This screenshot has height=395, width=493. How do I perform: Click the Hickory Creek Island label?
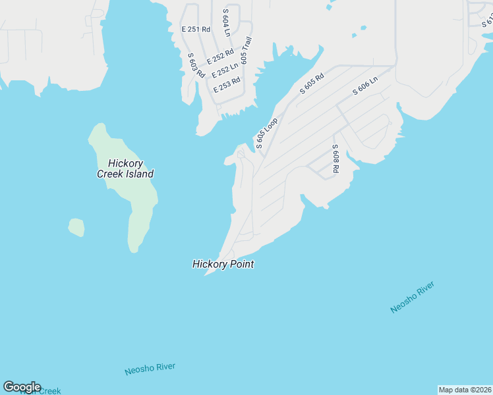click(x=125, y=169)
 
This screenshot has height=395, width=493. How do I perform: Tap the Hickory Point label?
click(x=223, y=264)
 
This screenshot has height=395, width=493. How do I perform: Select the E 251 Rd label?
click(x=196, y=30)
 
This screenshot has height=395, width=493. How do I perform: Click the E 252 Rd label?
click(x=220, y=57)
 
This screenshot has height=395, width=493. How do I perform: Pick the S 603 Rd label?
click(x=196, y=66)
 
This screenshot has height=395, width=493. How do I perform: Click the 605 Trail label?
click(x=246, y=49)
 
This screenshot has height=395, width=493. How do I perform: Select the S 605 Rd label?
click(x=312, y=82)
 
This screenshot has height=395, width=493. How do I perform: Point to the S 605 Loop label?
click(x=267, y=133)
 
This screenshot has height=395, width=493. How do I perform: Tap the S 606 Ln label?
click(x=365, y=86)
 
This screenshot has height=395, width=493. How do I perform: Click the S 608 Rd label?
click(x=335, y=159)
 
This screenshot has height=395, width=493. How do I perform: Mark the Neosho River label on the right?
click(x=412, y=297)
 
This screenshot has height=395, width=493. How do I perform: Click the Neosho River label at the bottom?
click(x=150, y=368)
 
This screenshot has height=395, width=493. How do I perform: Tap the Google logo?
click(x=22, y=387)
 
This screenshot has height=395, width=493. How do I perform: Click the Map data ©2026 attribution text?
click(x=465, y=390)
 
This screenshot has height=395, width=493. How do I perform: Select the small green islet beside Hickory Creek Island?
click(x=76, y=227)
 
